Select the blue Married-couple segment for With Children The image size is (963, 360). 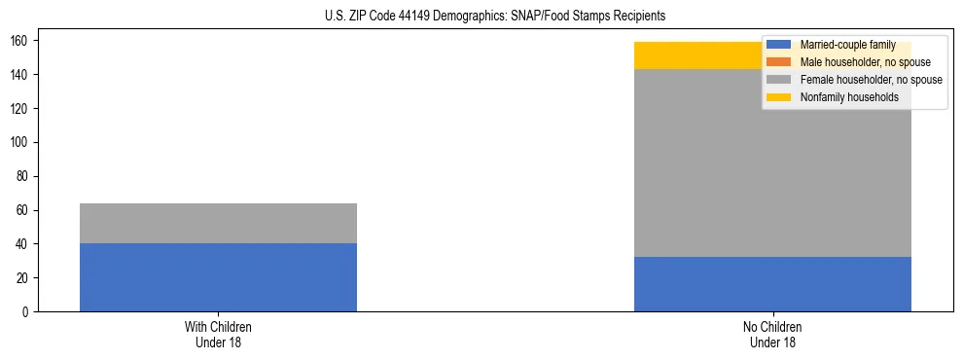point(218,277)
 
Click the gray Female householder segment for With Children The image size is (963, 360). point(218,223)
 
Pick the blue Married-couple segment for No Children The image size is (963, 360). point(772,284)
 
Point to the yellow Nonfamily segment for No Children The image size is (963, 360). point(700,56)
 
